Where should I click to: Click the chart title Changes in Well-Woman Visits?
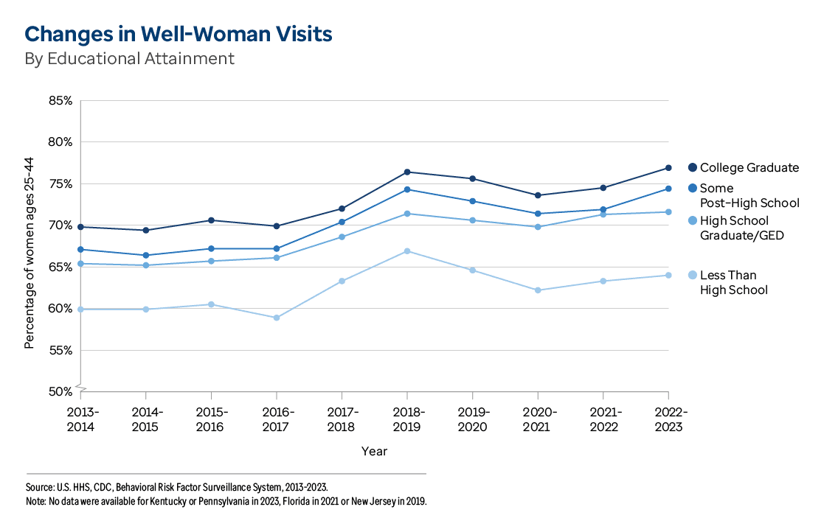coord(179,34)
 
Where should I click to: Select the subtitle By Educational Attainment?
coord(129,59)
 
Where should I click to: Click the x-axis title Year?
coord(374,451)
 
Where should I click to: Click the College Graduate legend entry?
coord(749,167)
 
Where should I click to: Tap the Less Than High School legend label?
coord(733,282)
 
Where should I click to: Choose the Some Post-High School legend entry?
coord(749,195)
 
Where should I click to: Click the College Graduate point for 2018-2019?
coord(407,172)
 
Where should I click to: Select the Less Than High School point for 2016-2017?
coord(276,318)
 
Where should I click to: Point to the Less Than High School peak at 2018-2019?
coord(407,251)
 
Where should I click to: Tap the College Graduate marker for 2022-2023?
coord(668,168)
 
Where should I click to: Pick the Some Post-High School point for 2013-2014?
coord(80,250)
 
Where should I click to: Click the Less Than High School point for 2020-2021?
coord(538,290)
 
